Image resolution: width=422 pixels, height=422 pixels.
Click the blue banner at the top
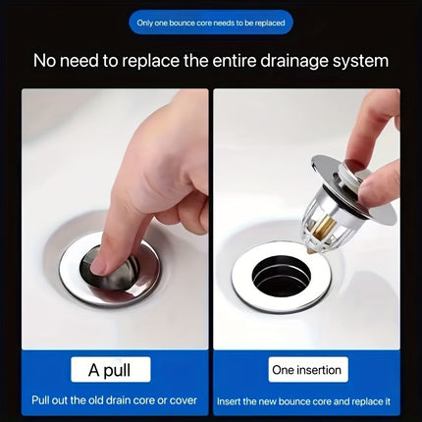[x=211, y=23]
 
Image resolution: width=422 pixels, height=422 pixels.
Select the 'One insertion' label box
[x=306, y=370]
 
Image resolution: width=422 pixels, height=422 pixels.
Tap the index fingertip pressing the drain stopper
[x=101, y=262]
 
